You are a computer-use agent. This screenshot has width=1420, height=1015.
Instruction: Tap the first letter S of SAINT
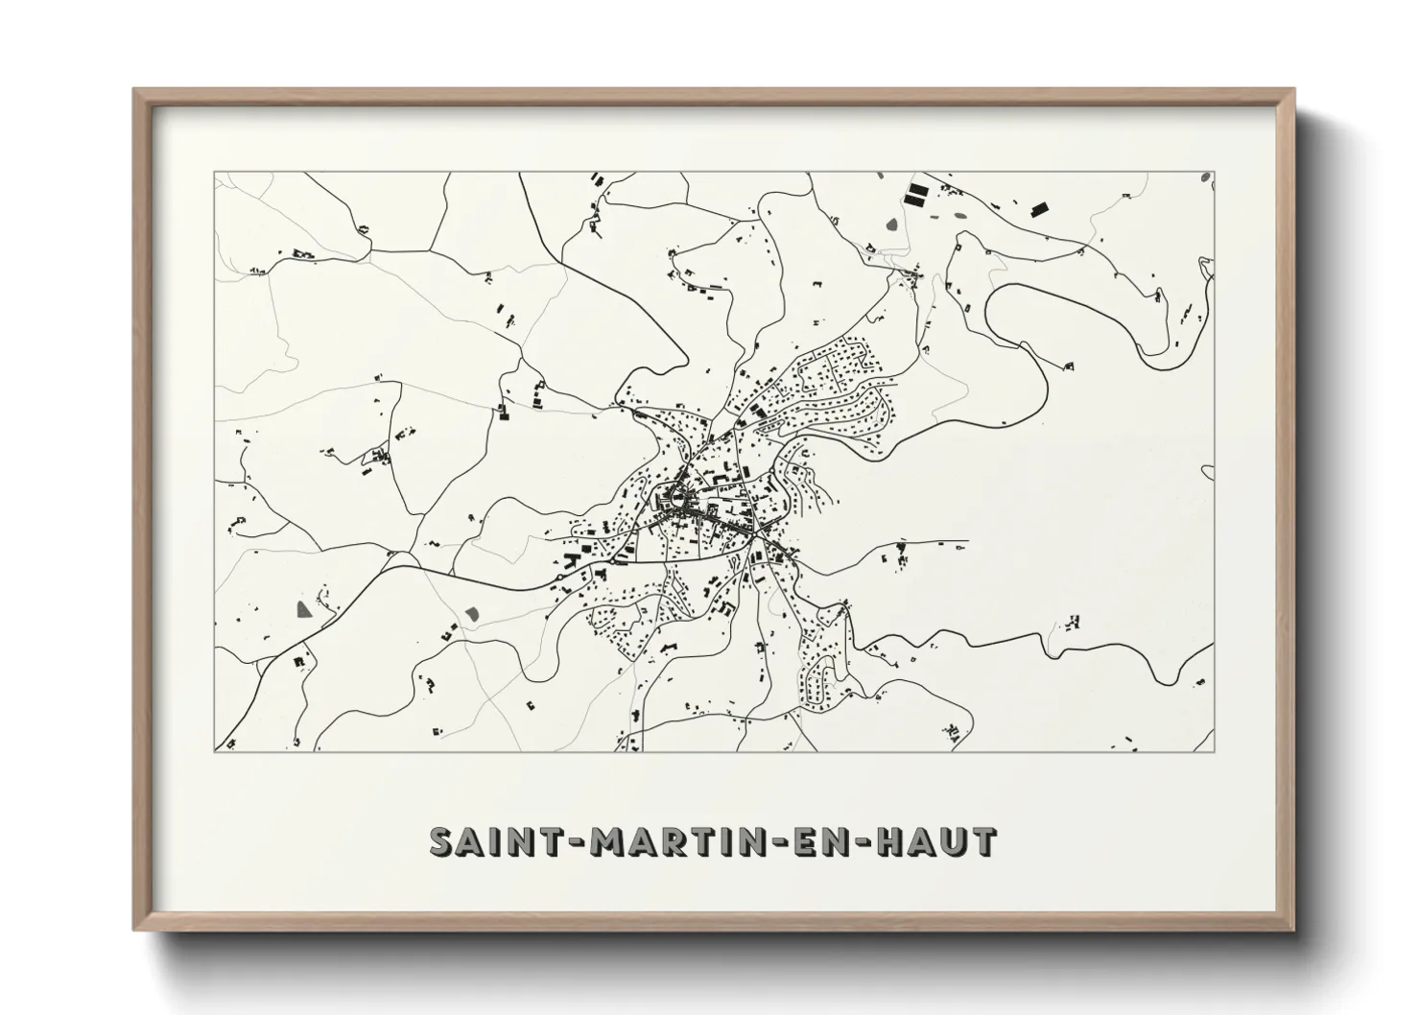[441, 842]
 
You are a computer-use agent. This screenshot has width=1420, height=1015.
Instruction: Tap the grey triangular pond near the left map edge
[303, 608]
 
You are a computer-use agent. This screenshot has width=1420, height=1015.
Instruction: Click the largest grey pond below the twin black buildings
[893, 226]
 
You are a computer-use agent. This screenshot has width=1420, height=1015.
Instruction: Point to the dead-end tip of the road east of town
[967, 541]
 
